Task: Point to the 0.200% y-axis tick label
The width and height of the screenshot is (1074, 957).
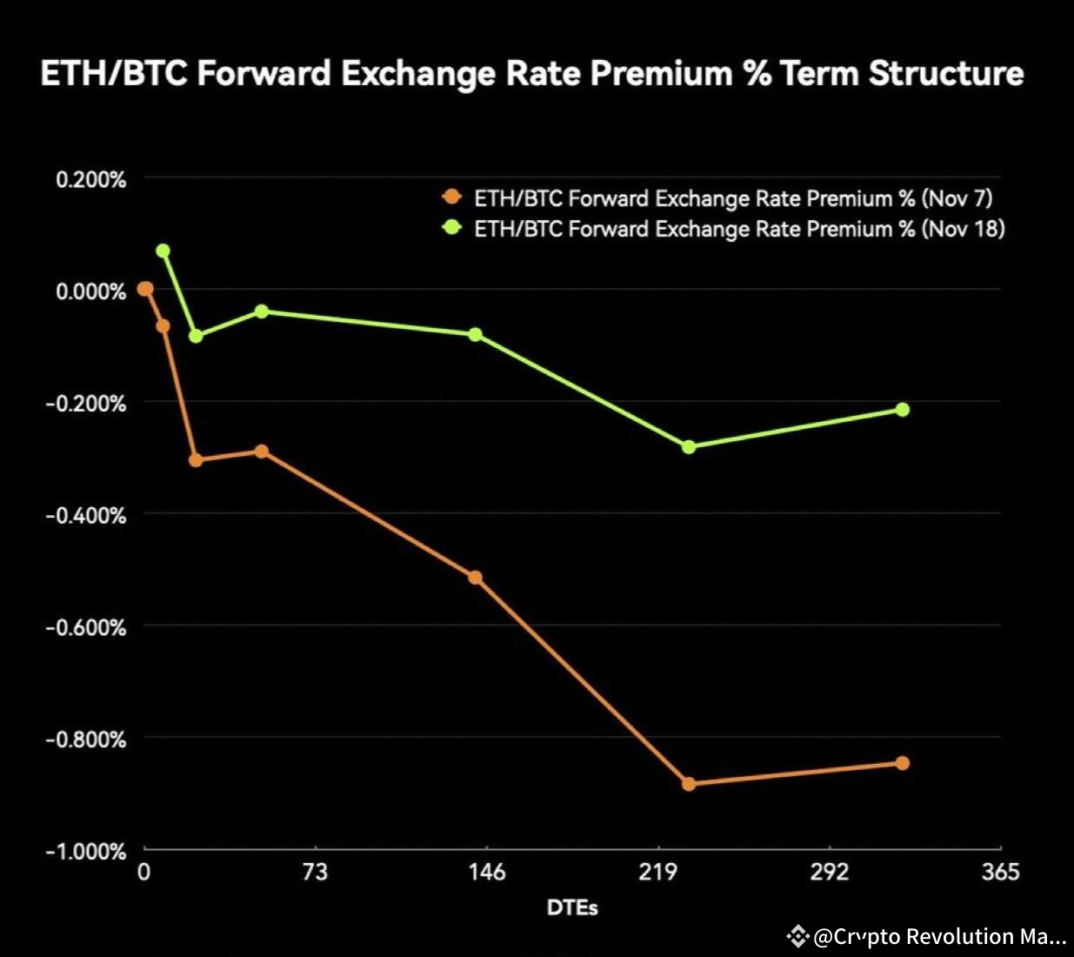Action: coord(90,180)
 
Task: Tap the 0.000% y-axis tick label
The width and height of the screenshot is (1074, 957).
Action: coord(90,291)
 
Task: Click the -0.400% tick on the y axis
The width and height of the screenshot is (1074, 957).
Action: coord(86,515)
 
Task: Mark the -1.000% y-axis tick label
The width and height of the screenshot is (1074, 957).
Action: coord(86,851)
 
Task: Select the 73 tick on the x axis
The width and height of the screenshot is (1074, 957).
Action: coord(315,872)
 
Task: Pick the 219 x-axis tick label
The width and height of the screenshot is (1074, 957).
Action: coord(657,872)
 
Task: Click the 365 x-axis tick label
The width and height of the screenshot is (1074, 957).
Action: coord(1000,872)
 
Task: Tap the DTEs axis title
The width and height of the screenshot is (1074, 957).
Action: coord(572,907)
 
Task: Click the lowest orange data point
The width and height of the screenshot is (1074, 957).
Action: coord(689,784)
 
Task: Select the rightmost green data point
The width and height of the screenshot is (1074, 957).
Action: coord(902,409)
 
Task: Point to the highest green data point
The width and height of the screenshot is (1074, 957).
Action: coord(163,251)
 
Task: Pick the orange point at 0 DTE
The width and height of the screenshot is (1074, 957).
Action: coord(145,289)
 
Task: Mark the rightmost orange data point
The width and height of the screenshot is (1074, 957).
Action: coord(902,763)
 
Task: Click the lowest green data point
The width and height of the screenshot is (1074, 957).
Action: coord(689,446)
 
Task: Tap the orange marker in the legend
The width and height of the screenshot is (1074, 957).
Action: coord(451,197)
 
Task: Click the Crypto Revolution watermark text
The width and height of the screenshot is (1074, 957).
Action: coord(939,937)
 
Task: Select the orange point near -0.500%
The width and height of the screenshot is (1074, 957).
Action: coord(475,578)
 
